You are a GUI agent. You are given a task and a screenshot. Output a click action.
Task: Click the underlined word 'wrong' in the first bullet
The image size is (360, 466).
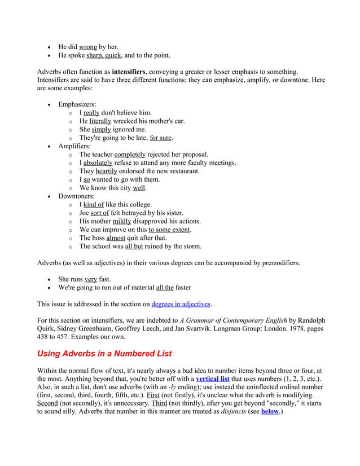(x=87, y=47)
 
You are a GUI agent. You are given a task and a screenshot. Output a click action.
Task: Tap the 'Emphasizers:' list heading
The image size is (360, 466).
(x=77, y=104)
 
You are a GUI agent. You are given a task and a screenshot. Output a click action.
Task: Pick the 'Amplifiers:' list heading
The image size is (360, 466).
(x=74, y=146)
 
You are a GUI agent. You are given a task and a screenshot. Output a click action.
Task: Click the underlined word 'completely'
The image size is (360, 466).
(x=130, y=155)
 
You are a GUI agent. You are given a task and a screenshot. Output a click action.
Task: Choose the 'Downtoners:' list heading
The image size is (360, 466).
(x=76, y=196)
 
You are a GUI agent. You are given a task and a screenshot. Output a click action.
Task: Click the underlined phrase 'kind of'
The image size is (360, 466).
(x=94, y=205)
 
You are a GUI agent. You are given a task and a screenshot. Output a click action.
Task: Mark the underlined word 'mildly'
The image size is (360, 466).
(x=122, y=221)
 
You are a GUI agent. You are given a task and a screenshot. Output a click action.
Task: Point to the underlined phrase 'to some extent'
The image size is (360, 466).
(x=169, y=230)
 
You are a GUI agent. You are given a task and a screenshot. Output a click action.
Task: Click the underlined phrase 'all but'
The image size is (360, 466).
(x=134, y=247)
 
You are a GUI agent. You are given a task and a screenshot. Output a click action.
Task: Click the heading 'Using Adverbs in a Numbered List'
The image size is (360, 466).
(x=104, y=354)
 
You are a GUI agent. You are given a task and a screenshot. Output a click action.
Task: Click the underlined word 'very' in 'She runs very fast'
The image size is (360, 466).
(x=90, y=279)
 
